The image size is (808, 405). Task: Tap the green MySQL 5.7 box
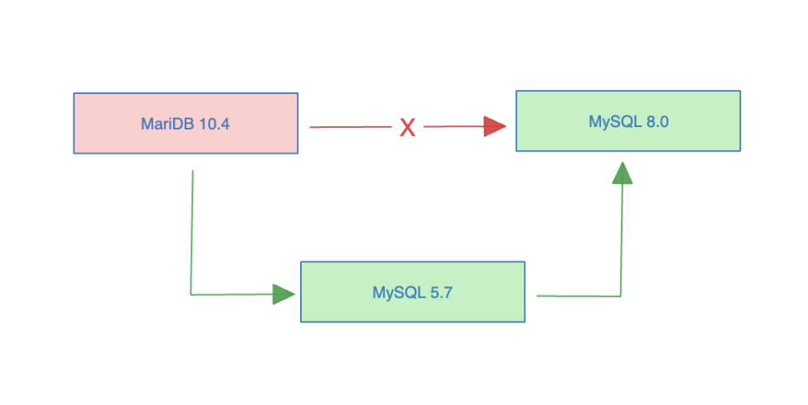(412, 291)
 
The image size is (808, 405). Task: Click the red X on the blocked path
(407, 127)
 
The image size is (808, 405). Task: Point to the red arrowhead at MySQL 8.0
(495, 126)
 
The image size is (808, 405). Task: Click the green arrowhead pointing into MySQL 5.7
(284, 294)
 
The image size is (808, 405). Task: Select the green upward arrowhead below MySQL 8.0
(622, 172)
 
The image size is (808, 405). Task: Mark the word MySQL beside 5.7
(395, 293)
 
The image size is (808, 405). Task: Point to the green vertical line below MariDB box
(192, 231)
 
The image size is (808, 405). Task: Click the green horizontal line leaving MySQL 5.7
(577, 295)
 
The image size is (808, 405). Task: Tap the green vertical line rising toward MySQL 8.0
(622, 239)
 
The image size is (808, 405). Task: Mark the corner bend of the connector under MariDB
(191, 294)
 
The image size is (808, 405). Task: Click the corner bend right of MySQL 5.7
(621, 295)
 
